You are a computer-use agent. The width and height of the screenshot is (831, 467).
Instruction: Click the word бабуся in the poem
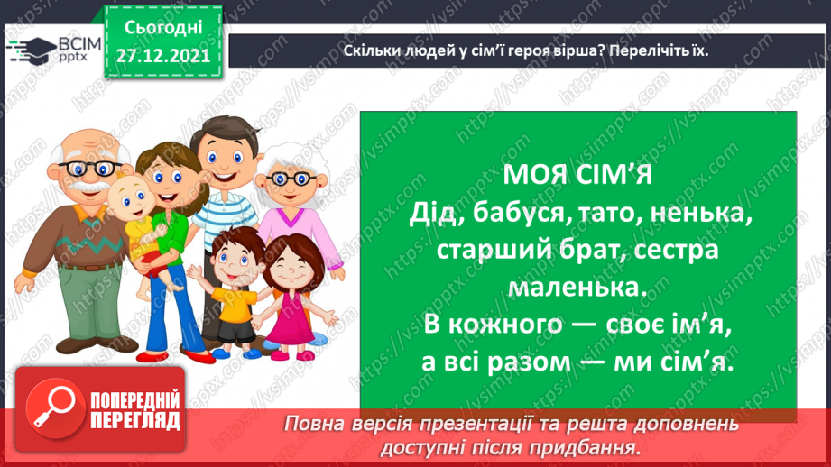click(x=513, y=215)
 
